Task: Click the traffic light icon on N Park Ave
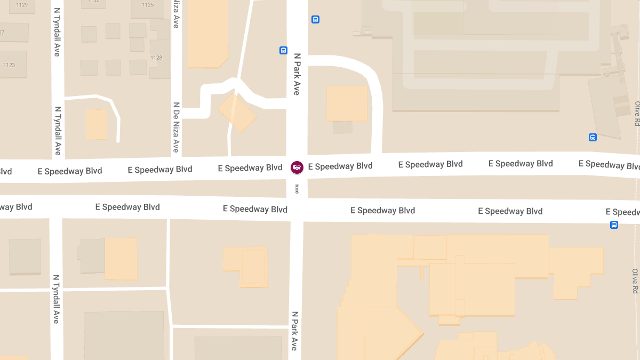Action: pyautogui.click(x=297, y=188)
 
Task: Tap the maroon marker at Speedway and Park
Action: pyautogui.click(x=297, y=167)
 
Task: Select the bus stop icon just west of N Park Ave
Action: pyautogui.click(x=283, y=51)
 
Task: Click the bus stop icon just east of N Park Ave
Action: pyautogui.click(x=315, y=20)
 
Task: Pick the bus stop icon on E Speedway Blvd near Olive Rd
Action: pyautogui.click(x=614, y=225)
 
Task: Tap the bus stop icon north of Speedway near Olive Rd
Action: pyautogui.click(x=593, y=137)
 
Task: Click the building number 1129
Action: pyautogui.click(x=22, y=5)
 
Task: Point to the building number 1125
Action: pyautogui.click(x=148, y=5)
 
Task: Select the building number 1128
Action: pyautogui.click(x=156, y=58)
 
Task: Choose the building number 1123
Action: pyautogui.click(x=9, y=65)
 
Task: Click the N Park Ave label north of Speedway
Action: pyautogui.click(x=297, y=74)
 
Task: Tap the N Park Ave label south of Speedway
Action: pyautogui.click(x=294, y=331)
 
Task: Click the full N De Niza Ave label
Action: pyautogui.click(x=175, y=127)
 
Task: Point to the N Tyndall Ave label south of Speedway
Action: pyautogui.click(x=55, y=299)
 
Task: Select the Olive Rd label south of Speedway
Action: pyautogui.click(x=635, y=281)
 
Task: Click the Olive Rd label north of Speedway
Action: pyautogui.click(x=637, y=114)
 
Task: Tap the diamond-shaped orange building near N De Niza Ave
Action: pyautogui.click(x=237, y=113)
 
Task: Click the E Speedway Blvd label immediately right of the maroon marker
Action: pyautogui.click(x=340, y=166)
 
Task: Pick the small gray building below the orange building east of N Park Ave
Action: pyautogui.click(x=342, y=127)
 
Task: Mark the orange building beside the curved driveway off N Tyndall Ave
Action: pyautogui.click(x=97, y=124)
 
